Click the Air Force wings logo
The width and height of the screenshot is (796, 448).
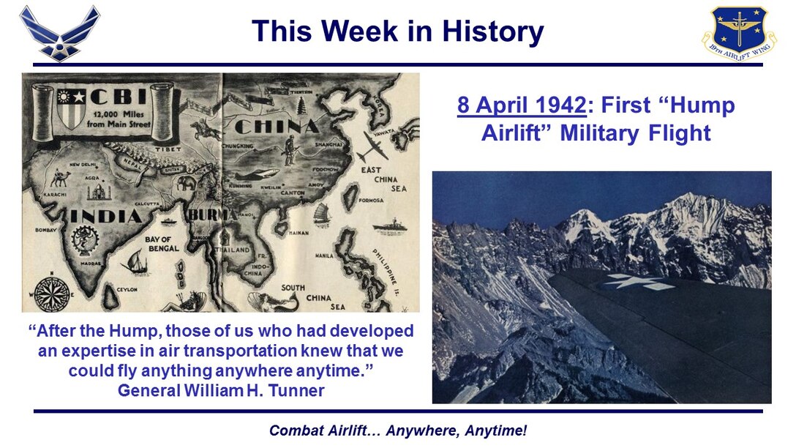pyautogui.click(x=59, y=33)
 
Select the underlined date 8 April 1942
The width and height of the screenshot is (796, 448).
pyautogui.click(x=522, y=105)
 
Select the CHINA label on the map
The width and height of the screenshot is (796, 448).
pyautogui.click(x=277, y=127)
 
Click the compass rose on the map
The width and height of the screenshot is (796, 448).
pyautogui.click(x=52, y=294)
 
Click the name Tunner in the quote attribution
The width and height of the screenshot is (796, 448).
pyautogui.click(x=297, y=390)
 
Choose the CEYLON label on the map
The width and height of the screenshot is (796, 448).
pyautogui.click(x=127, y=290)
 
